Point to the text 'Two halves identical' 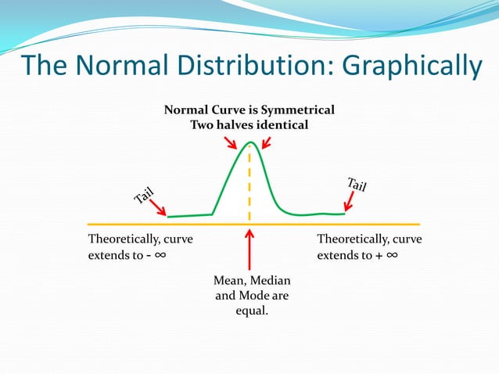(249, 124)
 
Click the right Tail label (357, 185)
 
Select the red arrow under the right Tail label (349, 203)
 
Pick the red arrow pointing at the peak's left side (230, 142)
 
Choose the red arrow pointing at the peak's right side (266, 142)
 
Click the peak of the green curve (249, 142)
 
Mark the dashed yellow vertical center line (249, 184)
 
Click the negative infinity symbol (158, 256)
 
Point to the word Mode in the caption (252, 296)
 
